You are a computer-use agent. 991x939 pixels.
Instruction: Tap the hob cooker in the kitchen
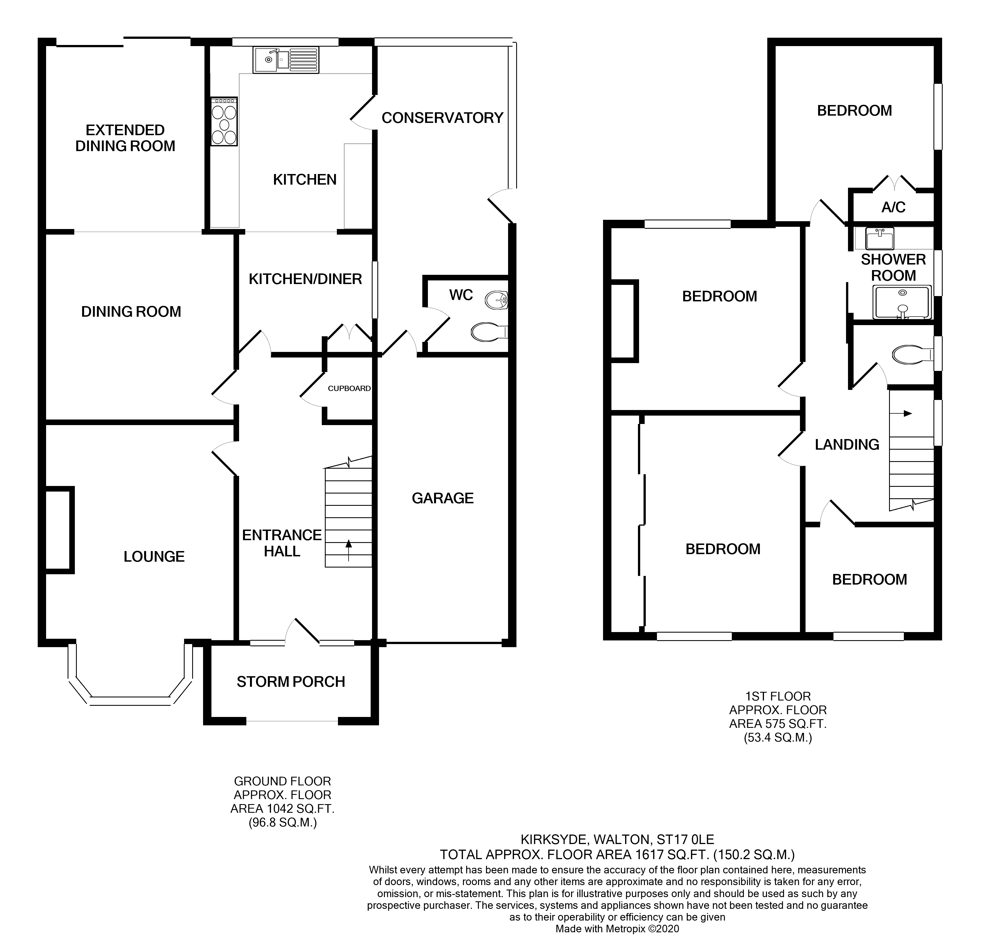point(224,121)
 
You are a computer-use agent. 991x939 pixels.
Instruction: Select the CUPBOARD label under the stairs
point(349,389)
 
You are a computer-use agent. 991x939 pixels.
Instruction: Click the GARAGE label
point(442,498)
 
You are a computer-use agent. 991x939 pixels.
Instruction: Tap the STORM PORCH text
point(291,682)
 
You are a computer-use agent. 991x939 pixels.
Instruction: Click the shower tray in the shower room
point(902,302)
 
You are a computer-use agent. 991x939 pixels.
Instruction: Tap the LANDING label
point(847,444)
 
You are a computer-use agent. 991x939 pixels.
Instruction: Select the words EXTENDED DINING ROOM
point(125,138)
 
